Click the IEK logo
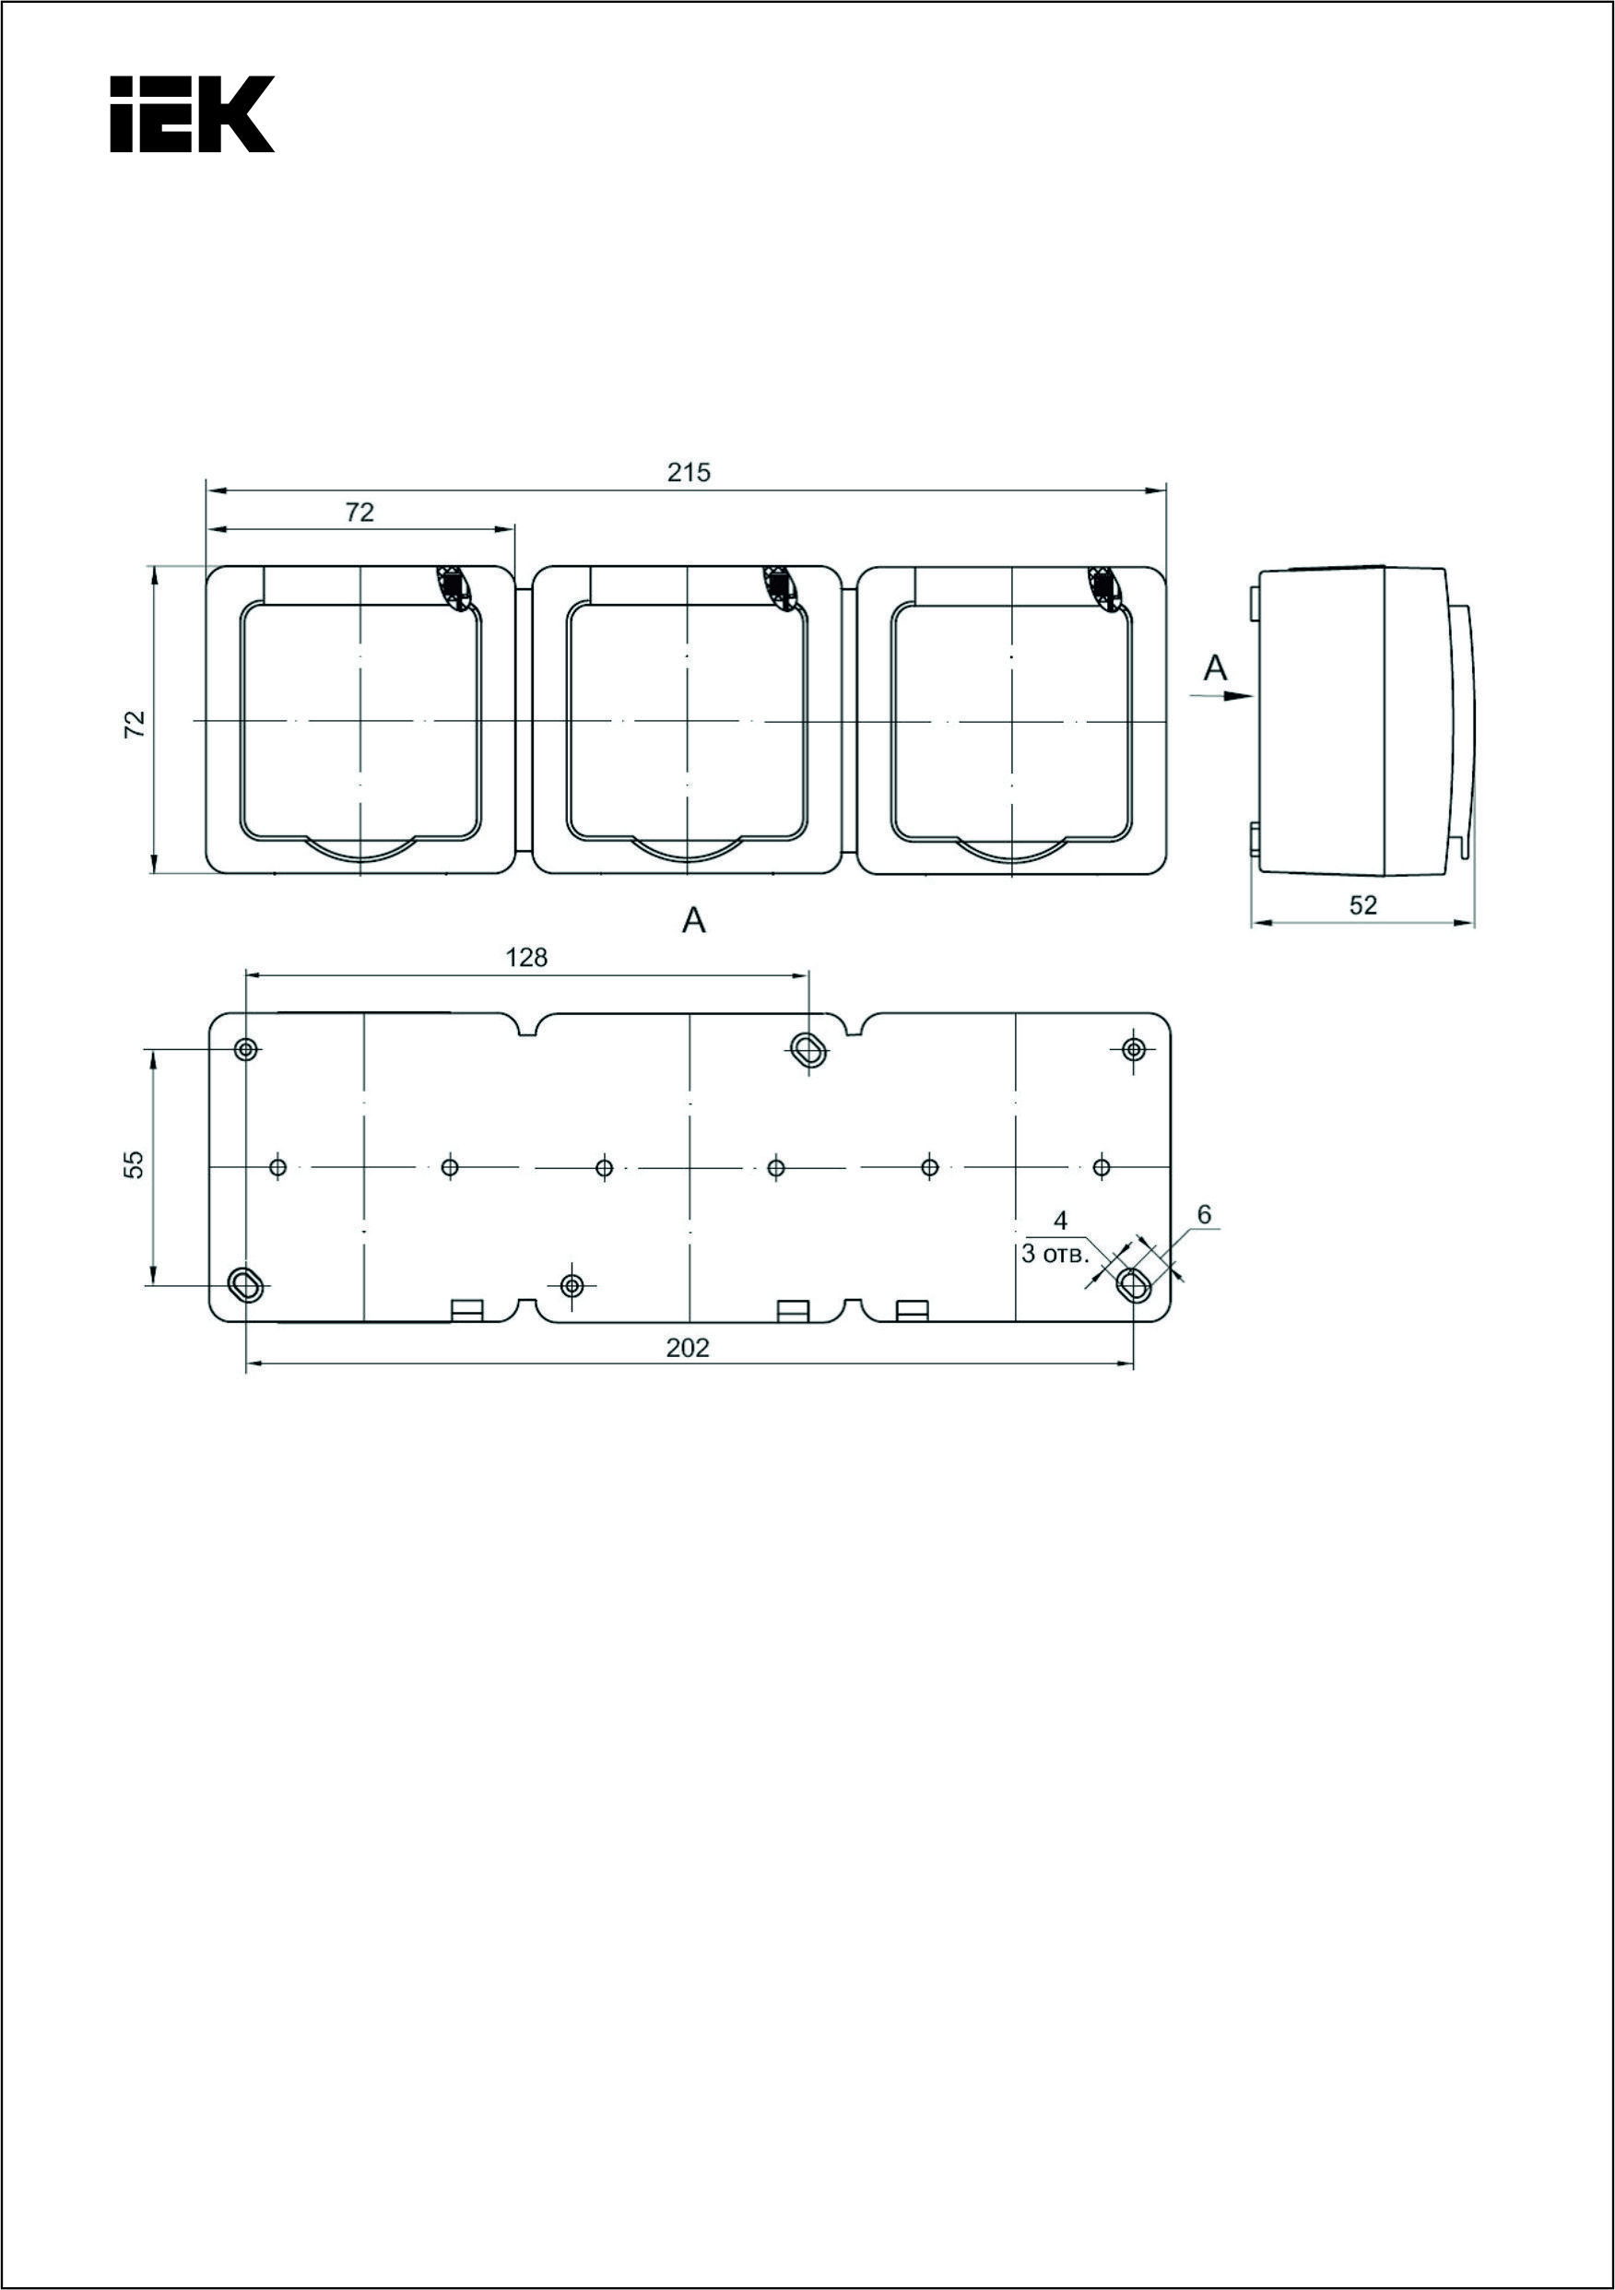coord(192,113)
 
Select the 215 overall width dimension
coord(689,472)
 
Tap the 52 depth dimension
coord(1362,904)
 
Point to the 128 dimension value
coord(526,958)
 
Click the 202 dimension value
coord(689,1348)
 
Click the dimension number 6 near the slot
coord(1204,1215)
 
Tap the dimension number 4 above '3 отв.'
coord(1061,1220)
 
